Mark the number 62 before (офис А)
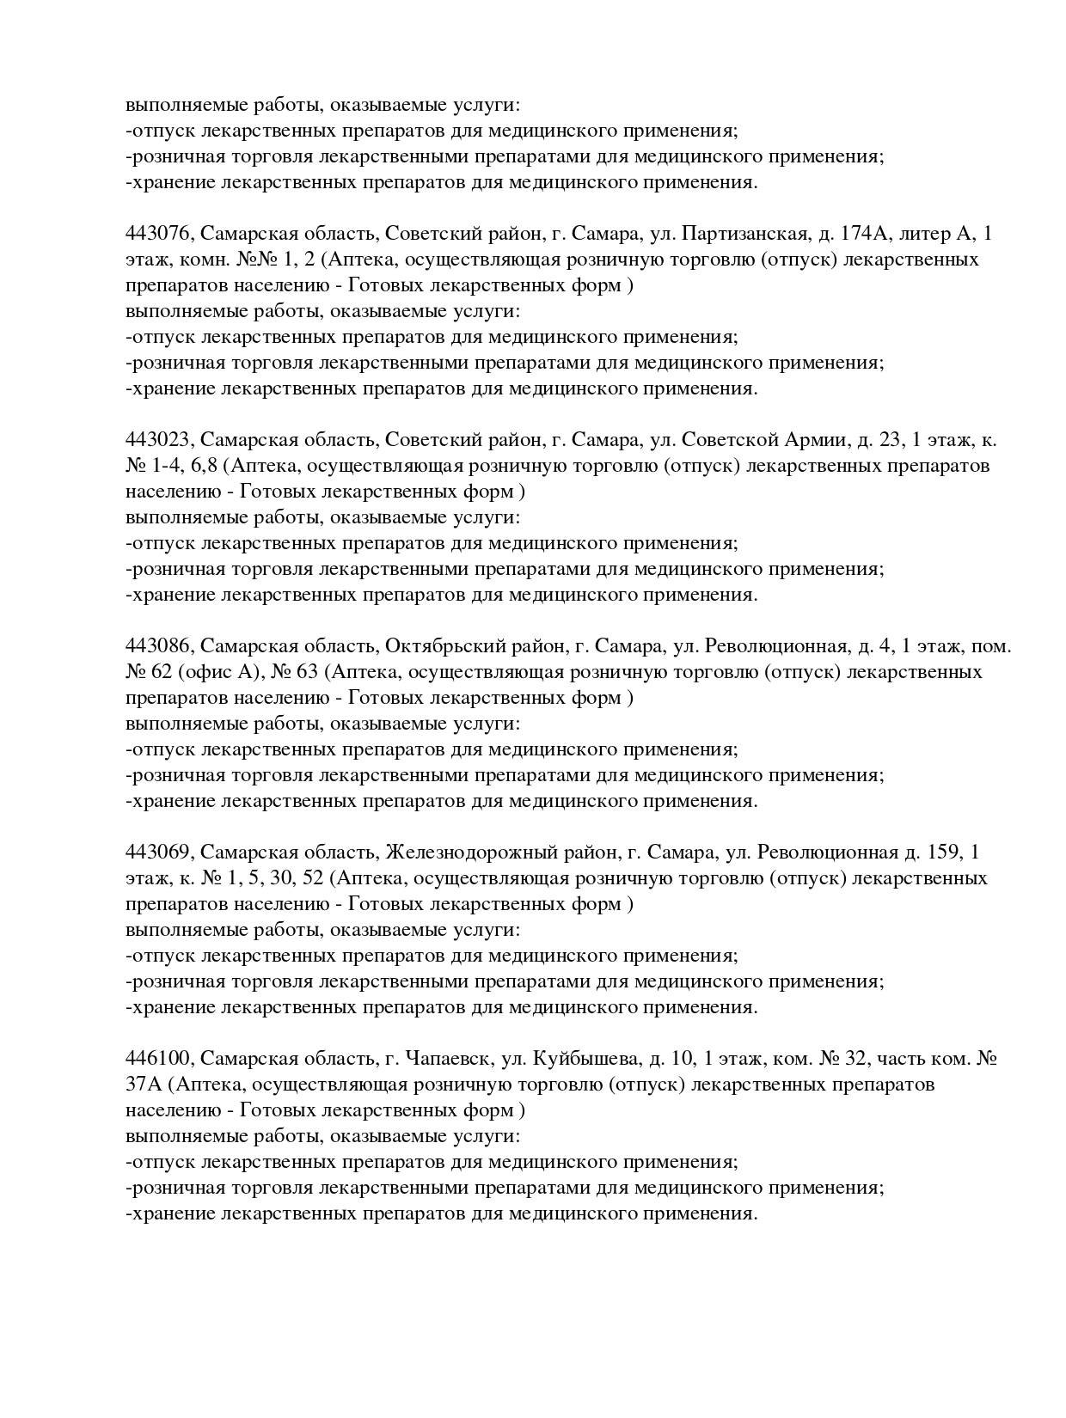(x=162, y=672)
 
